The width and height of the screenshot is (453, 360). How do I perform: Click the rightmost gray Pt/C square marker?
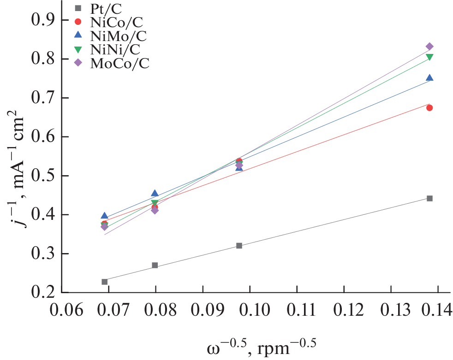coord(429,198)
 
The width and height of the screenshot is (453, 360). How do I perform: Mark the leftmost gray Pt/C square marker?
coord(105,282)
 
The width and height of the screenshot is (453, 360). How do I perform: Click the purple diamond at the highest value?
coord(429,47)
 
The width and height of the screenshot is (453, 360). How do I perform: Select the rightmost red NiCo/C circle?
coord(429,108)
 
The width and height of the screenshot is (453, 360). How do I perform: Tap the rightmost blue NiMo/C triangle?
coord(429,78)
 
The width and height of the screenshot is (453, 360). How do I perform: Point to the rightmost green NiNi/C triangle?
coord(429,57)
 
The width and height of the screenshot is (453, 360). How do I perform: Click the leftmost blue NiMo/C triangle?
coord(105,216)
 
